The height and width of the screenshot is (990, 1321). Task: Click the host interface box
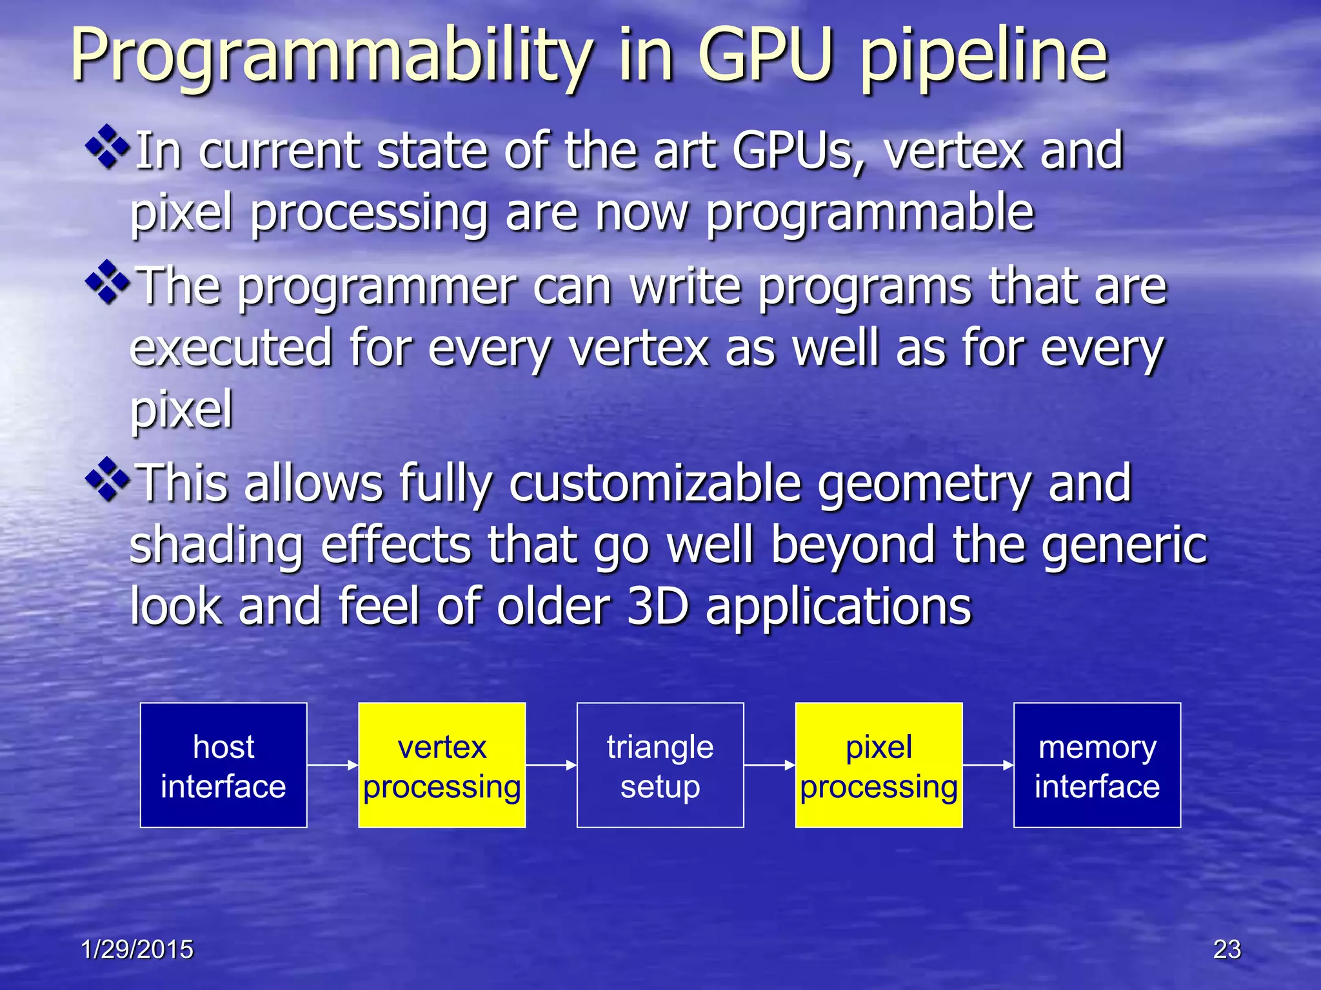[223, 765]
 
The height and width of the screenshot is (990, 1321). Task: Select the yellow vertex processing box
[442, 765]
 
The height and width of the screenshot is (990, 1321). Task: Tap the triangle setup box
[660, 765]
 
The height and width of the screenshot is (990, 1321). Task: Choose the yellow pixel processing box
[879, 765]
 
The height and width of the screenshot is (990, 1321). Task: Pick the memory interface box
[1097, 765]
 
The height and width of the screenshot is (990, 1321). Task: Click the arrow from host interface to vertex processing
[332, 765]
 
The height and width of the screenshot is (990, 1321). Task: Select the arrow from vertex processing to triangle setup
[551, 765]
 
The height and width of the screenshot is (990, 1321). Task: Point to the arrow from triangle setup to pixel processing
[770, 765]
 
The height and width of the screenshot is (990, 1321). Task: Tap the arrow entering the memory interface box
[988, 765]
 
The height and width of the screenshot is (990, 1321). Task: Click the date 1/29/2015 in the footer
[137, 949]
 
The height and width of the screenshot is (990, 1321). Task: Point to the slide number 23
[1227, 949]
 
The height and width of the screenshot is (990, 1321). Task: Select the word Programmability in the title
[331, 58]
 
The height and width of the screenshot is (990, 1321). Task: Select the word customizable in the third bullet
[655, 483]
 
